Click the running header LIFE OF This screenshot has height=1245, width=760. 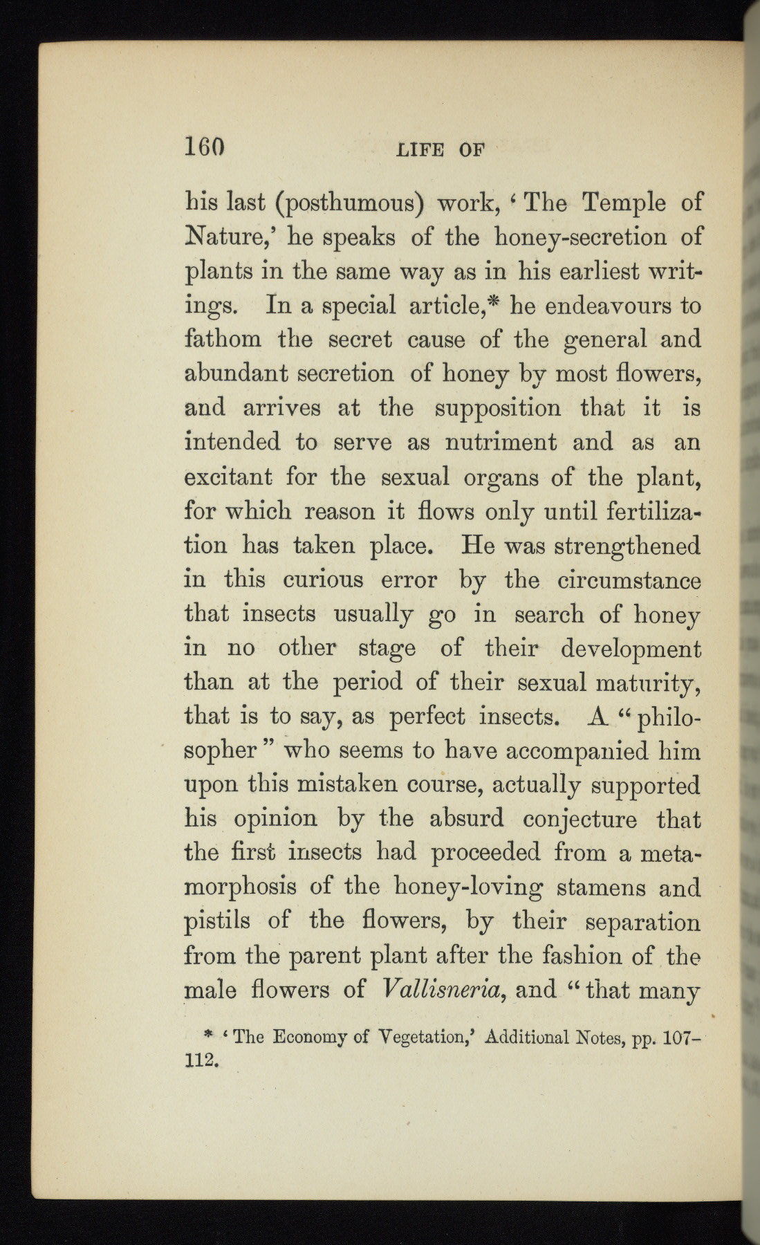(x=440, y=149)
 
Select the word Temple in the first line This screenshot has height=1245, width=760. (x=624, y=203)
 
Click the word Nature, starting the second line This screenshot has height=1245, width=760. (x=221, y=237)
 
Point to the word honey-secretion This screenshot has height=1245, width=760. (x=580, y=237)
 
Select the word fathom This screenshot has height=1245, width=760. (x=223, y=340)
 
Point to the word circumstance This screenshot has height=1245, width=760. (x=629, y=580)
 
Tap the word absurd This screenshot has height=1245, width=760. (x=467, y=819)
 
